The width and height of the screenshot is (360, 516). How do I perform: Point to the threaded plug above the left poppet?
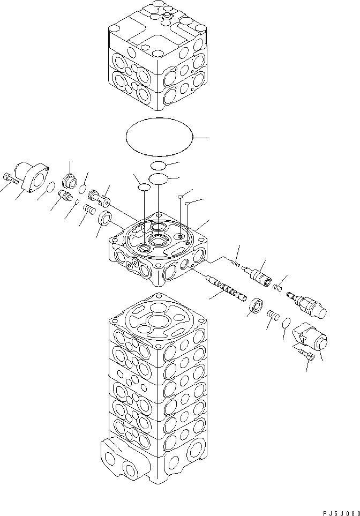pos(70,178)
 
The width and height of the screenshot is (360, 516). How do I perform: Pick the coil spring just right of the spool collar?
pos(272,316)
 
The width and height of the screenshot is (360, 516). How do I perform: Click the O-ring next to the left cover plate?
pos(49,187)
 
